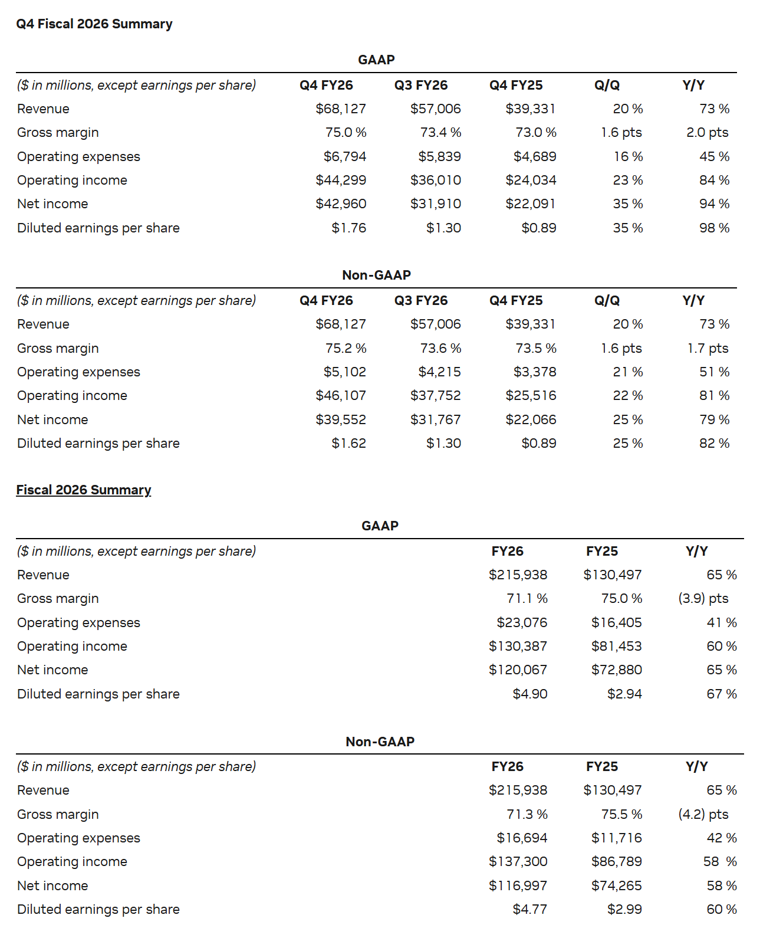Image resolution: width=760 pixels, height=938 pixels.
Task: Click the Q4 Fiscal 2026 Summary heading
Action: pyautogui.click(x=94, y=24)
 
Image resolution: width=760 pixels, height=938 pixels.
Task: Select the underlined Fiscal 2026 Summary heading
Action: pyautogui.click(x=84, y=490)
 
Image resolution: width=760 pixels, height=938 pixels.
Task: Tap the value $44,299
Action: pyautogui.click(x=341, y=181)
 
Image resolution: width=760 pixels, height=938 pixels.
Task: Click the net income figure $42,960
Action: pyautogui.click(x=341, y=204)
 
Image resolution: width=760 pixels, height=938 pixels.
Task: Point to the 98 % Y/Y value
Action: pyautogui.click(x=714, y=228)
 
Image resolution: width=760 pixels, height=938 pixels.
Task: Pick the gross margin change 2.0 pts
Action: pyautogui.click(x=707, y=133)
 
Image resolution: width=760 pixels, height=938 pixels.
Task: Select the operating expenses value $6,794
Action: pyautogui.click(x=345, y=157)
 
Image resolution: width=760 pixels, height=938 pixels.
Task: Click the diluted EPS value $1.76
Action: pyautogui.click(x=348, y=228)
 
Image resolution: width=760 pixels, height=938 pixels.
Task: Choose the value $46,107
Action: pyautogui.click(x=341, y=396)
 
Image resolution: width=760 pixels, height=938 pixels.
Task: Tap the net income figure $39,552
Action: pyautogui.click(x=341, y=420)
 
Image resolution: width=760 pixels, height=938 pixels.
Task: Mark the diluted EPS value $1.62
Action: pyautogui.click(x=348, y=444)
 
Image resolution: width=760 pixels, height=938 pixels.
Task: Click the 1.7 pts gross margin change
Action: pyautogui.click(x=708, y=349)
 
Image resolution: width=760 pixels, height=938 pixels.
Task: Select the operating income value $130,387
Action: pyautogui.click(x=518, y=647)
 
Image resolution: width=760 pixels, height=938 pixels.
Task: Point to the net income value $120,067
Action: pyautogui.click(x=518, y=670)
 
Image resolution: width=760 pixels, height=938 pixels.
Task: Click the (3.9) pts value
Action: pyautogui.click(x=703, y=599)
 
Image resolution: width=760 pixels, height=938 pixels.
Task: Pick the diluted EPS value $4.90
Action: pyautogui.click(x=529, y=694)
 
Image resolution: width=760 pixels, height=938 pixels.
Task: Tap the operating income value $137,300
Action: pyautogui.click(x=518, y=862)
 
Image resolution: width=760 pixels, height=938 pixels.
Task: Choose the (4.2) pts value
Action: pyautogui.click(x=703, y=815)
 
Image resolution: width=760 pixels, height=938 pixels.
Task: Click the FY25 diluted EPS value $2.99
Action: pyautogui.click(x=624, y=910)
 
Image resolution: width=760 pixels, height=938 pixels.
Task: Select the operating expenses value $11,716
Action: pyautogui.click(x=616, y=838)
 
